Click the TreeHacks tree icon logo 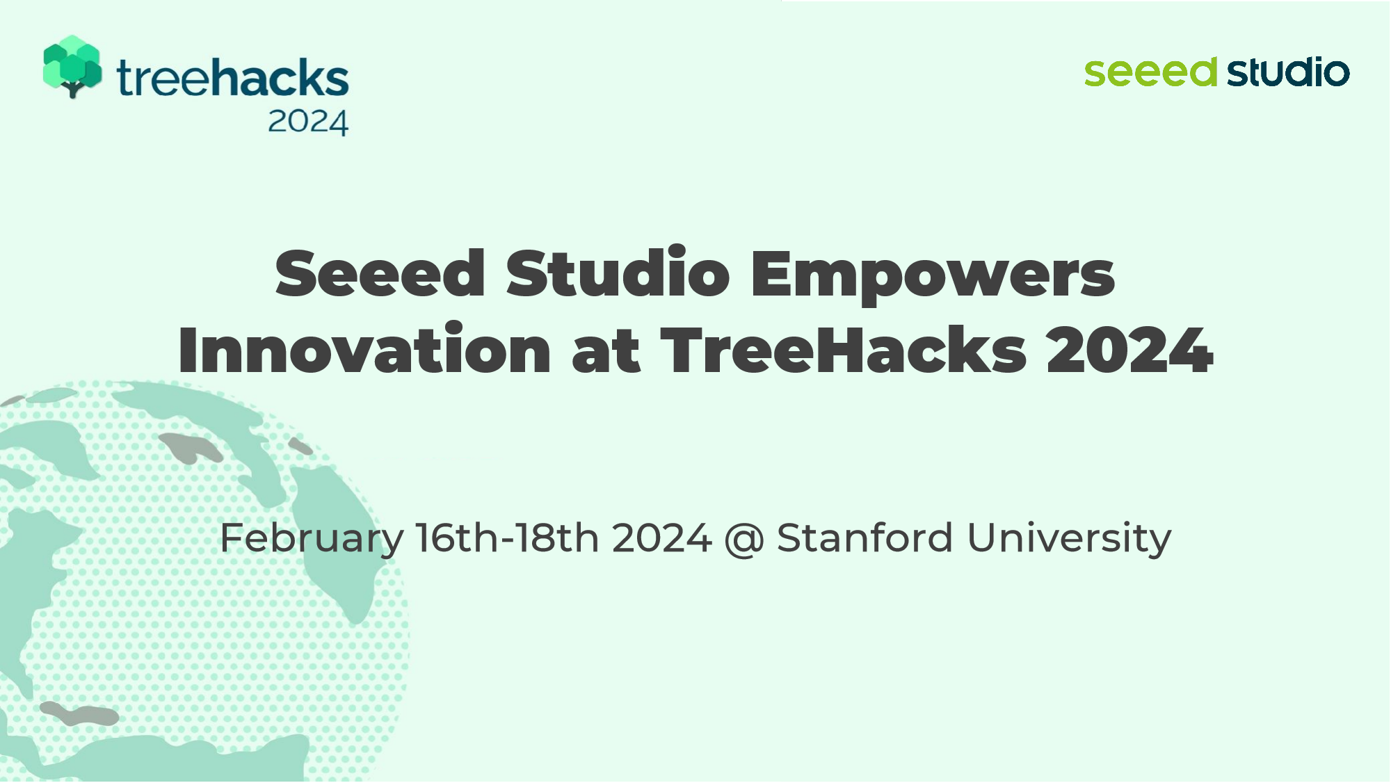click(72, 67)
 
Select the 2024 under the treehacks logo click(307, 122)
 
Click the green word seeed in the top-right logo click(1150, 72)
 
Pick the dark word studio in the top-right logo click(1288, 72)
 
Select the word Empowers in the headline click(933, 277)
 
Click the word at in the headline click(606, 351)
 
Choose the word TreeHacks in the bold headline click(843, 350)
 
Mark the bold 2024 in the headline click(1129, 350)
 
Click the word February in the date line click(312, 539)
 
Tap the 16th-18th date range click(508, 538)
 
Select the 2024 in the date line click(662, 538)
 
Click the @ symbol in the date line click(744, 540)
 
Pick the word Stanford click(865, 538)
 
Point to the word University click(1069, 539)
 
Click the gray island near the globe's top click(190, 448)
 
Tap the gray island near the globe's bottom click(79, 714)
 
